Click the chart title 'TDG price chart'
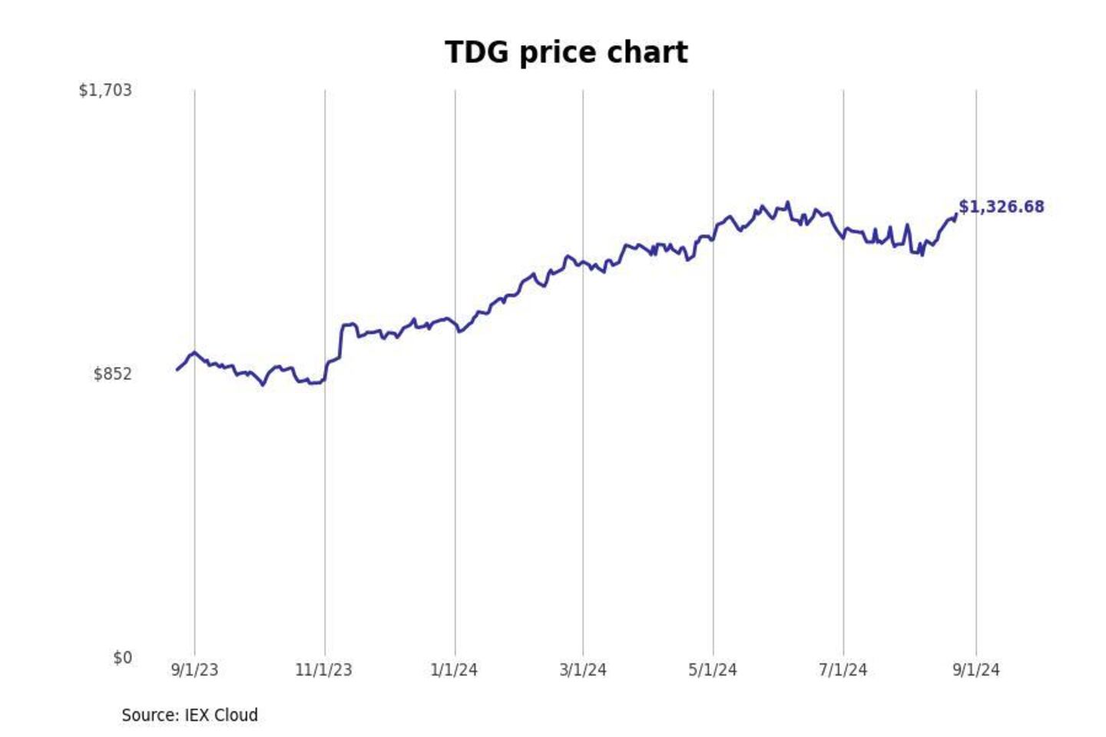566,52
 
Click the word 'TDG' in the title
476,52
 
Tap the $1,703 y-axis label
105,91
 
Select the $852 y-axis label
112,374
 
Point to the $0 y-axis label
122,658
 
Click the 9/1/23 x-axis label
194,670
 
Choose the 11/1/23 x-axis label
323,670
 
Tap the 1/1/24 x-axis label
454,670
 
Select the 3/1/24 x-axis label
583,670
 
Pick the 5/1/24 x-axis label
713,670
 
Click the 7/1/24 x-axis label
843,670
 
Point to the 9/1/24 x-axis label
976,670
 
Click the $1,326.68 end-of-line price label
1002,207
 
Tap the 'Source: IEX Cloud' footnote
190,716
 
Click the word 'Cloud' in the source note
235,716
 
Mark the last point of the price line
956,214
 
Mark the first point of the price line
177,369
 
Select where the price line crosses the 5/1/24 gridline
713,239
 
